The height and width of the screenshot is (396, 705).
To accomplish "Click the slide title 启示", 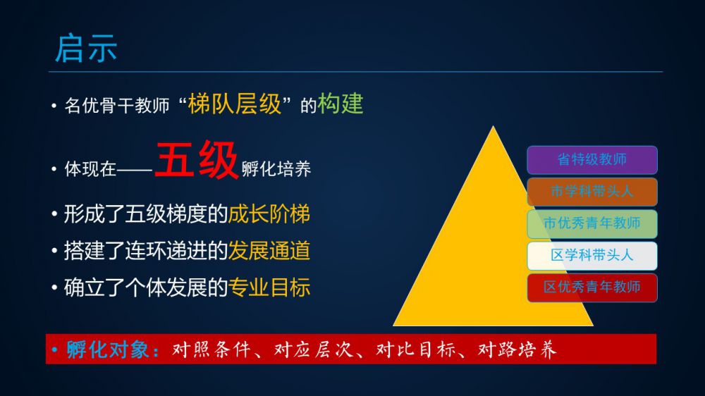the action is pyautogui.click(x=86, y=48).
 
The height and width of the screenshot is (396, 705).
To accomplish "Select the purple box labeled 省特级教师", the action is pyautogui.click(x=591, y=159).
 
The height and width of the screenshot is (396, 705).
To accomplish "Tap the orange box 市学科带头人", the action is pyautogui.click(x=591, y=192).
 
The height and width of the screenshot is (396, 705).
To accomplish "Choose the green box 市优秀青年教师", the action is pyautogui.click(x=591, y=223).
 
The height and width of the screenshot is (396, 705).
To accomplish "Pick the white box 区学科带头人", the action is pyautogui.click(x=591, y=255).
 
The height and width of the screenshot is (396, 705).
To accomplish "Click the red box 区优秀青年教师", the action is pyautogui.click(x=591, y=287).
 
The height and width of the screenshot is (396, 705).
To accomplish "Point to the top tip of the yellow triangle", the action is pyautogui.click(x=493, y=126).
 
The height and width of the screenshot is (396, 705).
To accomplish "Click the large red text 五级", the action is pyautogui.click(x=197, y=159).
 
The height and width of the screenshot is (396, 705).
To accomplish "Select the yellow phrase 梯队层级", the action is pyautogui.click(x=234, y=104).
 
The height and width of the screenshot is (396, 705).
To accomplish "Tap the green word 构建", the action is pyautogui.click(x=341, y=104).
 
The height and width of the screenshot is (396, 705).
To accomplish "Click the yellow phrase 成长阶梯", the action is pyautogui.click(x=269, y=214).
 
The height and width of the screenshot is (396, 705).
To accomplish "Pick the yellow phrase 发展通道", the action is pyautogui.click(x=269, y=251).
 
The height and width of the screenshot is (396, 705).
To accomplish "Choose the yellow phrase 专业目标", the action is pyautogui.click(x=269, y=287).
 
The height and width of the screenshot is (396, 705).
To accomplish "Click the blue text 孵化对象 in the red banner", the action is pyautogui.click(x=107, y=349).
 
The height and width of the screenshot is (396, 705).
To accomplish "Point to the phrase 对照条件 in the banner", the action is pyautogui.click(x=211, y=349).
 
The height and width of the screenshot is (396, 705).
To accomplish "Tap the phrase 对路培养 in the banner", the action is pyautogui.click(x=517, y=349).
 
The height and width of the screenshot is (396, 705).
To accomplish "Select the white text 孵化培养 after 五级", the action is pyautogui.click(x=276, y=169).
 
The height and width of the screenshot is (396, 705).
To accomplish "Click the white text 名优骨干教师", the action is pyautogui.click(x=117, y=106).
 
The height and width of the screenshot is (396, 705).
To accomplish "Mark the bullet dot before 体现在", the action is pyautogui.click(x=54, y=169).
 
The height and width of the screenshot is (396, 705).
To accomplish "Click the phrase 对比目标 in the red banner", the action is pyautogui.click(x=415, y=349).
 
